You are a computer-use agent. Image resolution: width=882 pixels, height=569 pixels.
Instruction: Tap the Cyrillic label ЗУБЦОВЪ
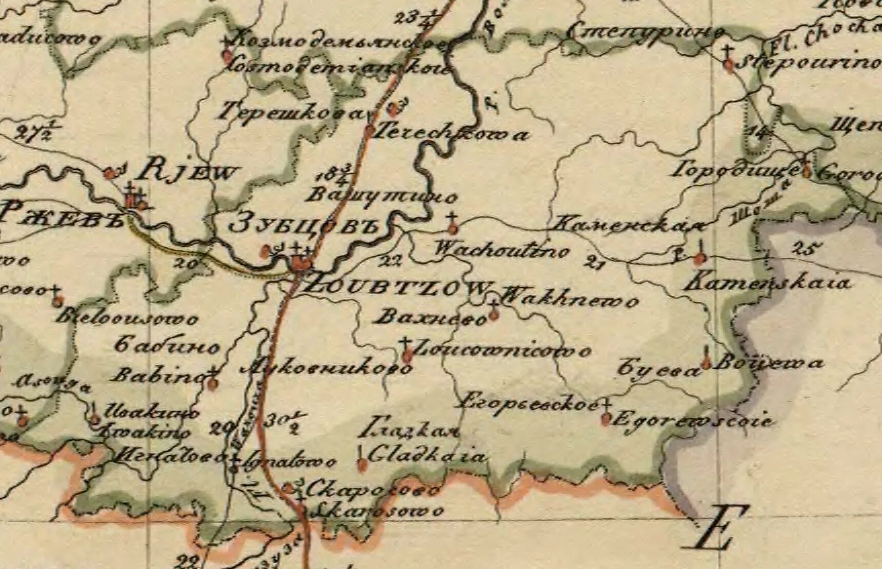pyautogui.click(x=307, y=226)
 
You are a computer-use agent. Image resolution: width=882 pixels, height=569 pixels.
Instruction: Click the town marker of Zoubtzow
pyautogui.click(x=301, y=265)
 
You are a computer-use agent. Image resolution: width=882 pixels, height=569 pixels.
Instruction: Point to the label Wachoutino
pyautogui.click(x=502, y=250)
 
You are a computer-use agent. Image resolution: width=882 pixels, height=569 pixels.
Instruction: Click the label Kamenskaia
pyautogui.click(x=768, y=282)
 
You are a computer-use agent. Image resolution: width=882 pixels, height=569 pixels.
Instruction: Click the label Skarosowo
pyautogui.click(x=378, y=511)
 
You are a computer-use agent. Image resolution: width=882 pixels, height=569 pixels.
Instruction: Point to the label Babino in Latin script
pyautogui.click(x=159, y=377)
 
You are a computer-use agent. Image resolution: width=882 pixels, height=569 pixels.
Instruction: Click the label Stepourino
pyautogui.click(x=810, y=63)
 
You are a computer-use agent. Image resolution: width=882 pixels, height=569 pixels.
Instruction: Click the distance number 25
pyautogui.click(x=804, y=249)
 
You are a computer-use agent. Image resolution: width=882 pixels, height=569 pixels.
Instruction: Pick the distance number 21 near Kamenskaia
pyautogui.click(x=596, y=264)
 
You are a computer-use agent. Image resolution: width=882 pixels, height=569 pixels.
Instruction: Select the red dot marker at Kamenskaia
pyautogui.click(x=697, y=258)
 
